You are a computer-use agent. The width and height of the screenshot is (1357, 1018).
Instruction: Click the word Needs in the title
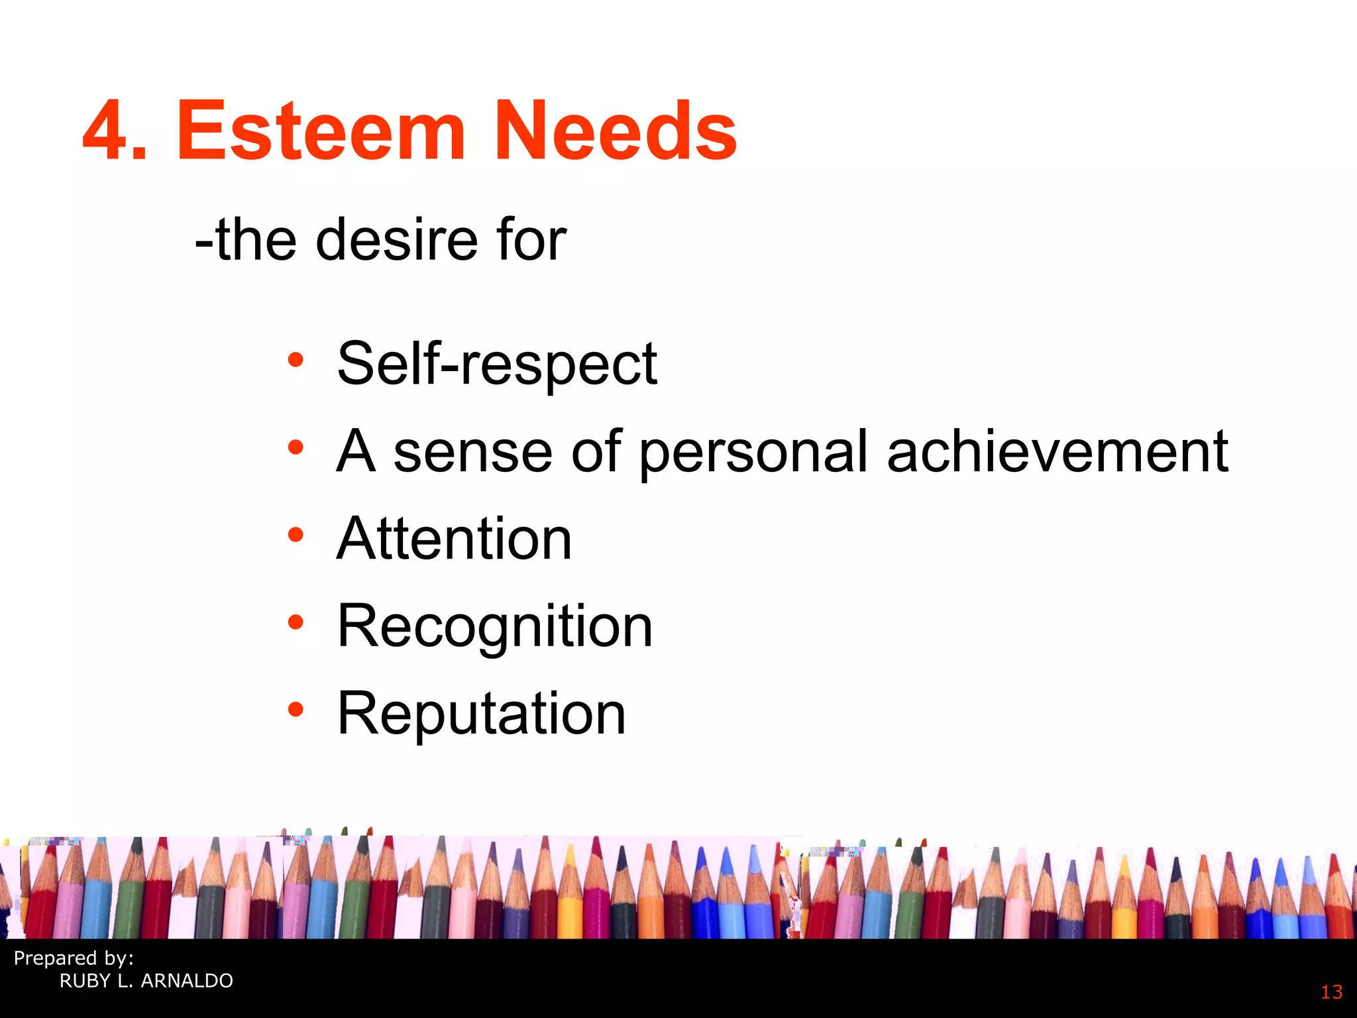click(615, 131)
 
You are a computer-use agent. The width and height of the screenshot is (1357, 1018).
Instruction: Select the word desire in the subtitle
click(396, 240)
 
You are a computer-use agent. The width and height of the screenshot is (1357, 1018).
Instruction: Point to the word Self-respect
click(497, 364)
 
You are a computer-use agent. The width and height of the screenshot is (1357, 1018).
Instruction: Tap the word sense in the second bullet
click(473, 453)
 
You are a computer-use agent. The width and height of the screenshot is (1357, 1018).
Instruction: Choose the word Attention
click(455, 539)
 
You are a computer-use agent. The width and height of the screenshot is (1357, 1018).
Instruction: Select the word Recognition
click(495, 627)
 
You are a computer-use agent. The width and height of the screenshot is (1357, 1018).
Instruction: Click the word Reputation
click(482, 714)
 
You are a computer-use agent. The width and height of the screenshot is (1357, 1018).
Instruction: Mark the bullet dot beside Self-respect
click(296, 361)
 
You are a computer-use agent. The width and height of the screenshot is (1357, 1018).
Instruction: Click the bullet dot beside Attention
click(296, 535)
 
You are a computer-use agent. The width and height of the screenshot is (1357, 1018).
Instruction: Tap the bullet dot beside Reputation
click(296, 710)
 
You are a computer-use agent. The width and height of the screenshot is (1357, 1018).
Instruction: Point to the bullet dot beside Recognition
click(296, 622)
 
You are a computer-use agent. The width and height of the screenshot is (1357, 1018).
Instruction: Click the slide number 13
click(1331, 992)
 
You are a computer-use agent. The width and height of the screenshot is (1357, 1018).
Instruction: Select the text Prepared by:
click(74, 958)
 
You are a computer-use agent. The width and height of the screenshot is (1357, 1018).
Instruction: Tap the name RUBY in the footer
click(85, 981)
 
